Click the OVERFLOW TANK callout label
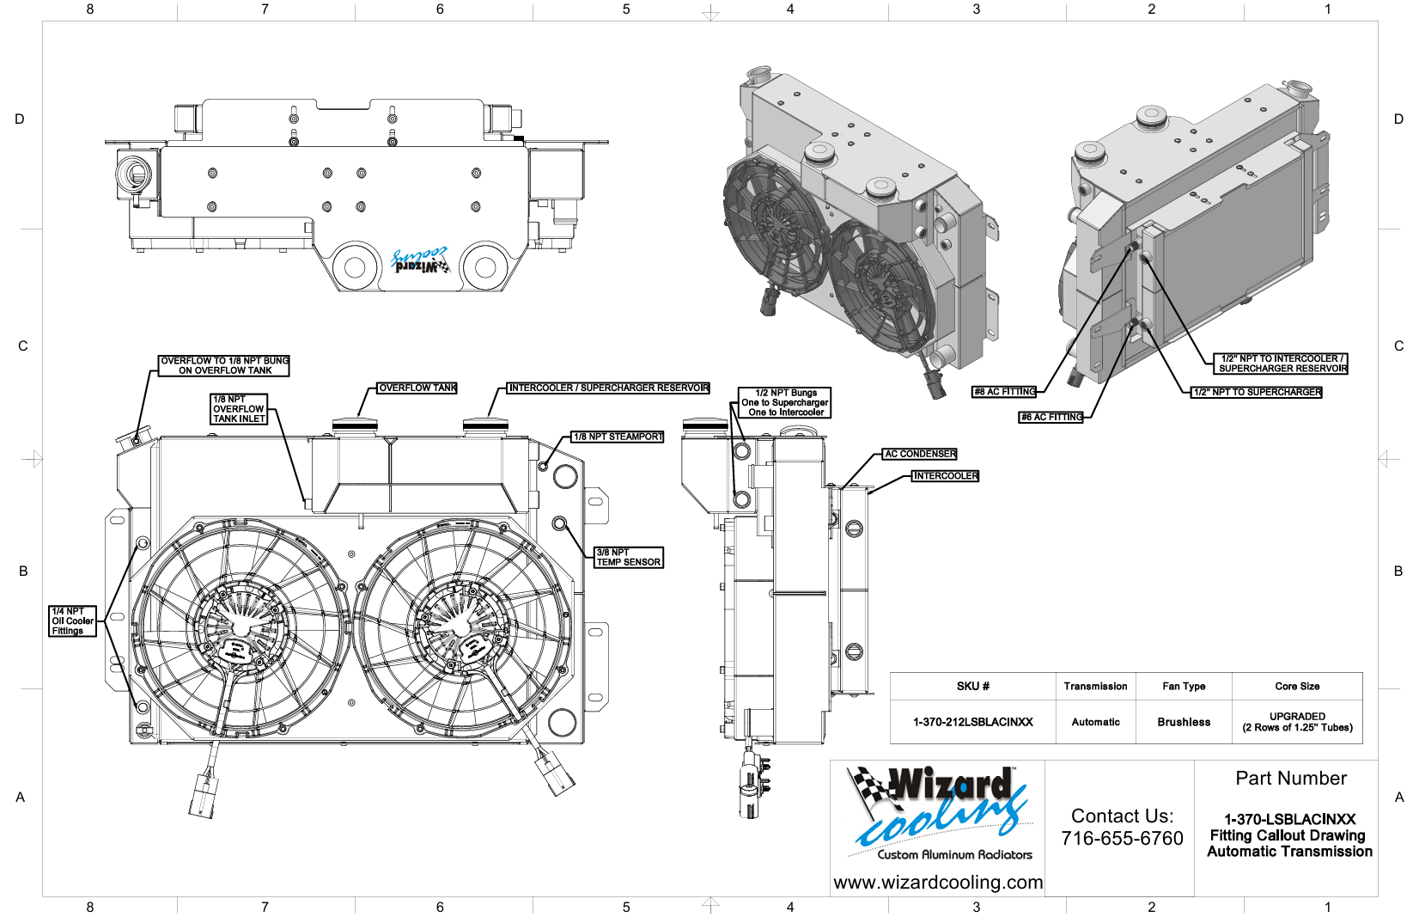417,388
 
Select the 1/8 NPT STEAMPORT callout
618,437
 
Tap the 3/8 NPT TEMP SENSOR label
629,558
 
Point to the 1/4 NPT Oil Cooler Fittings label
72,621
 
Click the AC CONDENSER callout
920,454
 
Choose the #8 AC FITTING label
1004,392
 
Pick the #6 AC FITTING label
1051,418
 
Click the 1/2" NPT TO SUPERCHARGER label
1258,392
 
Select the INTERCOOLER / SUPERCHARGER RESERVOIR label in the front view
609,388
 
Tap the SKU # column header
972,686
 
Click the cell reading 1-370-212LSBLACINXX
972,722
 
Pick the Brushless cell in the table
1183,722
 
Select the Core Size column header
1297,686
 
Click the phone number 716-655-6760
1122,838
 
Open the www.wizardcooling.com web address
938,883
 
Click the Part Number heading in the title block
1290,779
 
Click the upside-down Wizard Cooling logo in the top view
420,261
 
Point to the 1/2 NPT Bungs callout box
785,402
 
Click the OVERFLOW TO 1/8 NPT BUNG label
224,365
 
